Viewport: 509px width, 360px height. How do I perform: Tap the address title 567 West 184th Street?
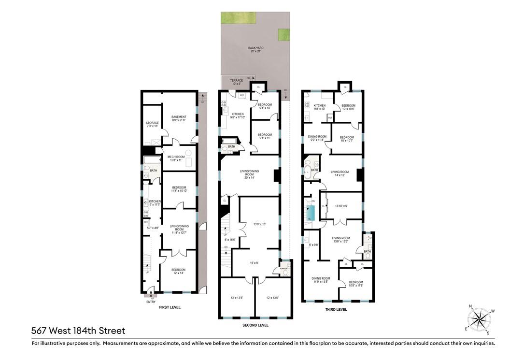pos(78,331)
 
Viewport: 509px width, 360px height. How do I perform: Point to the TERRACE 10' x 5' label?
pos(236,82)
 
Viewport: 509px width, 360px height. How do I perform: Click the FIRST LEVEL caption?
pos(169,307)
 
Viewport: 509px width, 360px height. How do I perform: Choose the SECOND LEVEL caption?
pos(255,325)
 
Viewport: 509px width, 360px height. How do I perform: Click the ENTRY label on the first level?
pos(151,302)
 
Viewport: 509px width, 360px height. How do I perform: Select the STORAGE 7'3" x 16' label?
pos(152,125)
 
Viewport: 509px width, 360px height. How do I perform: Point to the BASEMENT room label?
pos(179,118)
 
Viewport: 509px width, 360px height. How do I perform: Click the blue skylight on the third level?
pos(311,212)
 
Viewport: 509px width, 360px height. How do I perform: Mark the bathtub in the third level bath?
pos(308,171)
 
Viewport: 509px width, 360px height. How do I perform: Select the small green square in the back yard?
pos(283,35)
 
